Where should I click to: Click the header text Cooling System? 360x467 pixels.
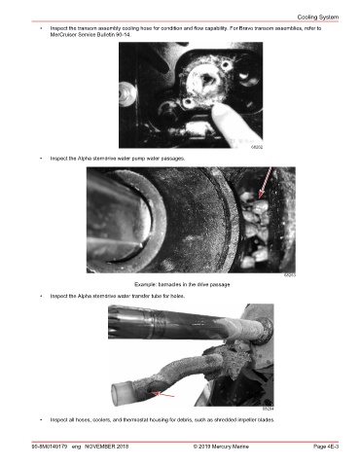click(318, 18)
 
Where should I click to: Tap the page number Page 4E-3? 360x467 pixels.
click(326, 447)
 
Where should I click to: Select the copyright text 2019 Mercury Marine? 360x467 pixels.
click(224, 447)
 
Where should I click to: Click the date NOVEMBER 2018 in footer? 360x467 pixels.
click(106, 447)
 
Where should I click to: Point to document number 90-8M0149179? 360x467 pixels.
click(50, 447)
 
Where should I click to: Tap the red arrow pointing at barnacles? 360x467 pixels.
click(266, 182)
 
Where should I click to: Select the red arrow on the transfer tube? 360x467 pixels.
click(163, 394)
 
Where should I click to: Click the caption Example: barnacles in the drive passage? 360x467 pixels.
click(182, 284)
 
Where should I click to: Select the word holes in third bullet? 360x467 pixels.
click(178, 296)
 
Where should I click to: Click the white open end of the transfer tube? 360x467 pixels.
click(122, 394)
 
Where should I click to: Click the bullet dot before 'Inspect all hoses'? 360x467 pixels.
click(41, 419)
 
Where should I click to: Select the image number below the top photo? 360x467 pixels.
click(257, 147)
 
